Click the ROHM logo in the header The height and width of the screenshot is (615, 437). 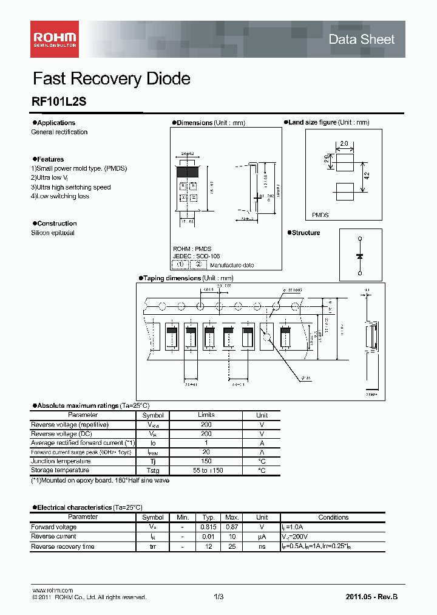(x=54, y=39)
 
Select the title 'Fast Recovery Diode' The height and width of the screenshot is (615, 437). (x=111, y=79)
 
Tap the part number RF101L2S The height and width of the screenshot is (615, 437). (x=59, y=103)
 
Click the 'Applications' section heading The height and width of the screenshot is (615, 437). (x=56, y=123)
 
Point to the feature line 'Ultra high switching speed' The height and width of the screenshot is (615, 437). (x=71, y=187)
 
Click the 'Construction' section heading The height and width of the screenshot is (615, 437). (x=56, y=224)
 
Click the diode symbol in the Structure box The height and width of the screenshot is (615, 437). (x=360, y=256)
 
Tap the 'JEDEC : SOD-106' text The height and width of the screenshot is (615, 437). (x=196, y=256)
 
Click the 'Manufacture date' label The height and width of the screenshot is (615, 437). (x=232, y=265)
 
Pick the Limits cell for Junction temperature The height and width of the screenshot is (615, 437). (x=206, y=461)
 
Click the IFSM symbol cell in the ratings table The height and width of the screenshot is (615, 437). (x=153, y=452)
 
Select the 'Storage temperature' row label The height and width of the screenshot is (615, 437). (x=60, y=470)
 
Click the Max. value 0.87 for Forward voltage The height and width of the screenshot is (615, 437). (x=231, y=527)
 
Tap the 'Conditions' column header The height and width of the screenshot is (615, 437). (x=333, y=517)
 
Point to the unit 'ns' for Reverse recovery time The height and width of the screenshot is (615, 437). (x=262, y=546)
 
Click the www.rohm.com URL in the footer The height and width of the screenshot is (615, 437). (x=52, y=591)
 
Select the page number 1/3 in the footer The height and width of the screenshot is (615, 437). (x=218, y=597)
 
